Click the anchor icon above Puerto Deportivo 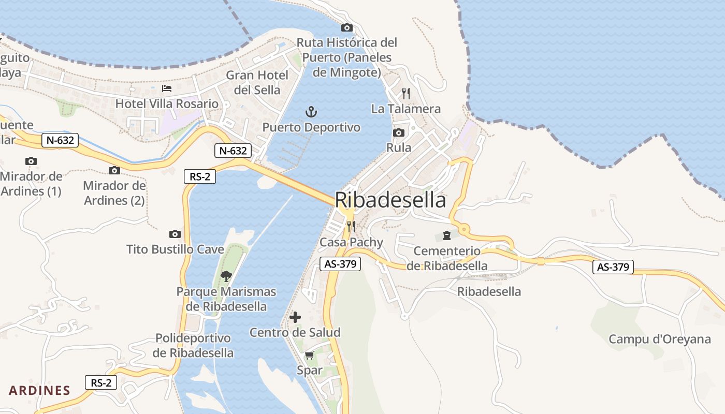point(311,111)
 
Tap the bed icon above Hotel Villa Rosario point(167,89)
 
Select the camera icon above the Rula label point(398,133)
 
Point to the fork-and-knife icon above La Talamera point(406,94)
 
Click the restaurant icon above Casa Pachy point(351,227)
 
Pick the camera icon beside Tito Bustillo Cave point(175,234)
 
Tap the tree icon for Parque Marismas point(226,276)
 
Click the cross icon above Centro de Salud point(295,317)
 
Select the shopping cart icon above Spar point(309,355)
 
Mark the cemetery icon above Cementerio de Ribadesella point(447,236)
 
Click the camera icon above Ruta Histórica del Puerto point(347,27)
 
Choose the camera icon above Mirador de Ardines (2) point(114,170)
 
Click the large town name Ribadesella point(390,200)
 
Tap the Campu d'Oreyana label point(659,339)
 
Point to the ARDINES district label point(39,390)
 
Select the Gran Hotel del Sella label point(257,82)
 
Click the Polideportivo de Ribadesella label point(193,346)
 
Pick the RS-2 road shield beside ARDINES point(101,383)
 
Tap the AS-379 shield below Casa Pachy point(340,264)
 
